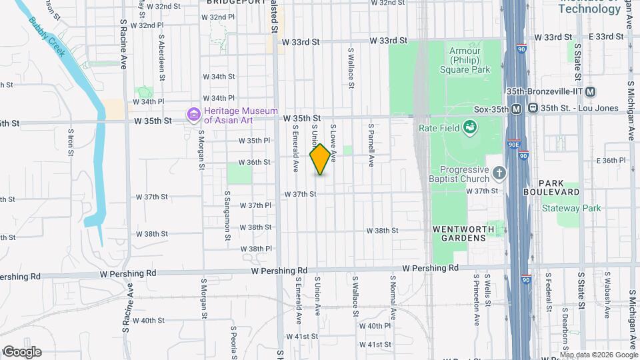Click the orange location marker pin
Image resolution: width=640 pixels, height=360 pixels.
320,159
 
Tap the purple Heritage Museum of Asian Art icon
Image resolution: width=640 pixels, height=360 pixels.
194,115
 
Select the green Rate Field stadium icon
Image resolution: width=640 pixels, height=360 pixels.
469,127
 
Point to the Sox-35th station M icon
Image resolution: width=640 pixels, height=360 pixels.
516,109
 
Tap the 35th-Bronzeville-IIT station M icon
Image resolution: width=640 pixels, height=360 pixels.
591,92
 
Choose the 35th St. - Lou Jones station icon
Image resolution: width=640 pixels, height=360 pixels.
533,108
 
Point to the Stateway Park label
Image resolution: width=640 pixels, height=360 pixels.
571,209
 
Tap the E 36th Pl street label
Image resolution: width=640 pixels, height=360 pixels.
613,161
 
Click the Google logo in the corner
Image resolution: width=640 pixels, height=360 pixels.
21,352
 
